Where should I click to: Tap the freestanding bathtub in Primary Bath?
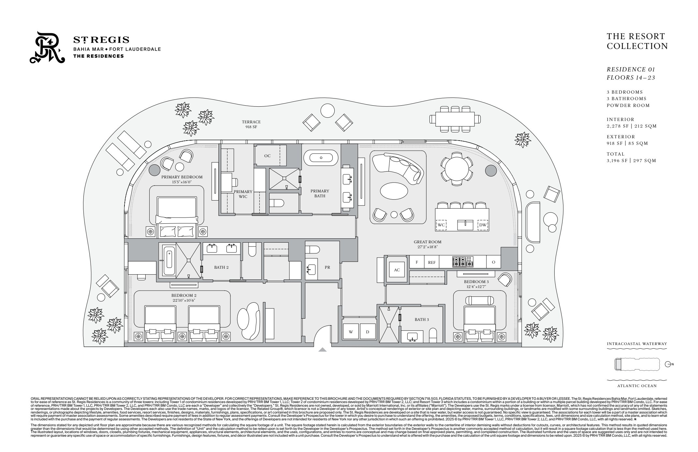[321, 158]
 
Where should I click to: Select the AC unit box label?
[397, 270]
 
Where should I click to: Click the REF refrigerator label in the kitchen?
[431, 262]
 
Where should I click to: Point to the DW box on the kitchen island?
[483, 225]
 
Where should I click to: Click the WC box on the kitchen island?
[441, 225]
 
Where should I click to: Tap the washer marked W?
[351, 332]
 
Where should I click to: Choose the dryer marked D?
[367, 332]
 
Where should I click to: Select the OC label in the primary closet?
[267, 156]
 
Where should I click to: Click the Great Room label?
[428, 242]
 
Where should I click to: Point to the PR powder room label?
[327, 267]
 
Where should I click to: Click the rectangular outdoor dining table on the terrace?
[455, 119]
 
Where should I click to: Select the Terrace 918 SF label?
[251, 124]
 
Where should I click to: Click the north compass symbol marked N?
[668, 364]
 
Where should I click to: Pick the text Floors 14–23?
[631, 78]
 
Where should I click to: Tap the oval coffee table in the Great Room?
[394, 190]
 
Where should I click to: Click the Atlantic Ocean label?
[636, 386]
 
